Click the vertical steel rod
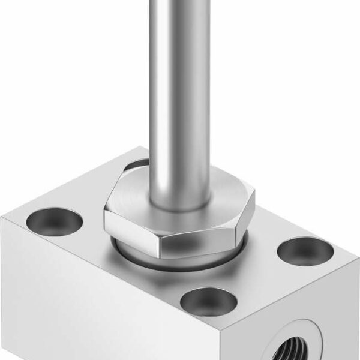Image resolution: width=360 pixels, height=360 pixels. click(x=180, y=90)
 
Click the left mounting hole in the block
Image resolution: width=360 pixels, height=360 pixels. click(x=55, y=221)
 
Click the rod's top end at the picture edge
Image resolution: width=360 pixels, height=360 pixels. click(x=180, y=2)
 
